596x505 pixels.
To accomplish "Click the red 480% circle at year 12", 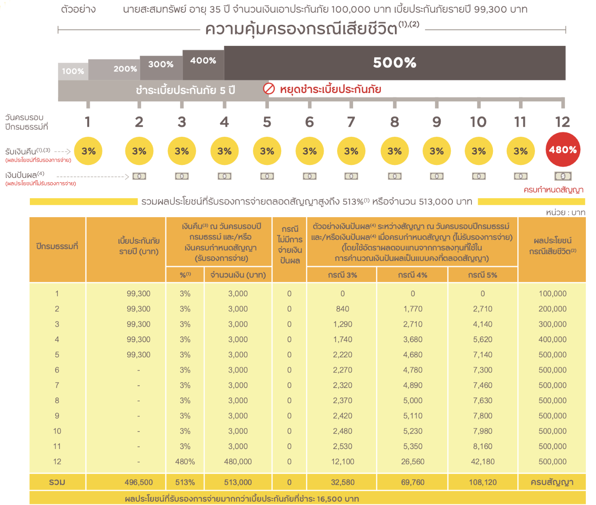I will tap(563, 150).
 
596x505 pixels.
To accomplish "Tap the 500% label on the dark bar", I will tap(394, 63).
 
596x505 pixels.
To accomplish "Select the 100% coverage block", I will tap(73, 71).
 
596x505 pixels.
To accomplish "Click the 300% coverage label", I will tap(161, 64).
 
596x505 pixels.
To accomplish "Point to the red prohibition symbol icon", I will tap(269, 89).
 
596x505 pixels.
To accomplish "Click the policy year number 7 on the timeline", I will tap(351, 122).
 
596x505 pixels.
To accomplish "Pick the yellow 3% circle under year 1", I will tap(88, 151).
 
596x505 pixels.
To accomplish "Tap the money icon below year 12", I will tap(563, 176).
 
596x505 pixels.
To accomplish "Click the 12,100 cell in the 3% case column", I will tap(343, 462).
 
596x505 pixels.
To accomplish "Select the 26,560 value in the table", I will tap(412, 462).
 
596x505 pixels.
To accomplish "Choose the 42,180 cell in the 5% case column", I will tap(483, 462).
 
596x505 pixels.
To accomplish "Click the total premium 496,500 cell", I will tap(138, 482).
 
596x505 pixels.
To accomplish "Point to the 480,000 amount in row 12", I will tap(238, 462).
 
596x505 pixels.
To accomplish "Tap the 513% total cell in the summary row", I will tap(185, 482).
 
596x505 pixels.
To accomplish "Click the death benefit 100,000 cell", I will tap(552, 294).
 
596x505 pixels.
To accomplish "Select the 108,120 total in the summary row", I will tap(483, 482).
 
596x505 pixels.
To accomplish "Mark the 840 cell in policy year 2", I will tap(343, 309).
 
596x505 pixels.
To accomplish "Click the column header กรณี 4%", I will tap(412, 275).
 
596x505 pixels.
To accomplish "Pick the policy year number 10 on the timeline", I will tap(478, 122).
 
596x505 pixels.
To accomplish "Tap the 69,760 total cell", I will tap(412, 482).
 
